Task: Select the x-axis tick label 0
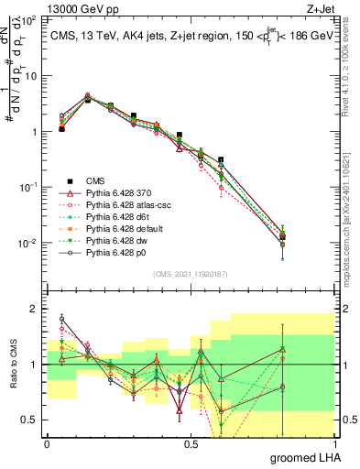[47, 443]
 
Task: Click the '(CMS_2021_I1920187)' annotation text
[191, 273]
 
